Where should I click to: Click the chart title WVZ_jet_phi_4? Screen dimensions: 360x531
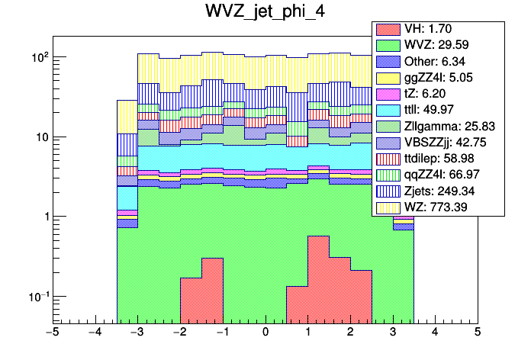265,13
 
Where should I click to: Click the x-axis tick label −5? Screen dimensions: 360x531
53,333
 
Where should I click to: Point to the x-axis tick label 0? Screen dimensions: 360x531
265,333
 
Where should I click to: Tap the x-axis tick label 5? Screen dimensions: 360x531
478,333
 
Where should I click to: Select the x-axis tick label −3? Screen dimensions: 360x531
137,333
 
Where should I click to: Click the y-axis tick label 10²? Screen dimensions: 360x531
38,57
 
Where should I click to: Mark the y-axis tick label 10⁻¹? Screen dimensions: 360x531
37,297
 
